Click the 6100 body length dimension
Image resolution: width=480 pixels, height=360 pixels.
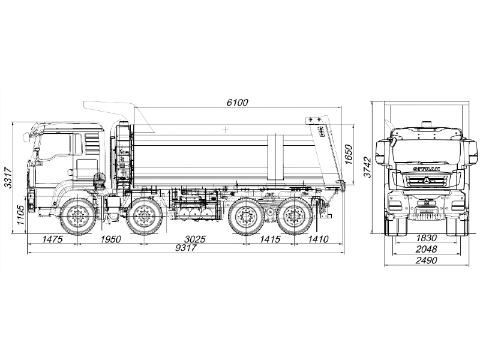pyautogui.click(x=237, y=102)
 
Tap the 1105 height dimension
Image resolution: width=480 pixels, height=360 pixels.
pyautogui.click(x=20, y=215)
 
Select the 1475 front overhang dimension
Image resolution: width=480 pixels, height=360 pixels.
pyautogui.click(x=52, y=239)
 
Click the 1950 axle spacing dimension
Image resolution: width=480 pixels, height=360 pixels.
pyautogui.click(x=111, y=239)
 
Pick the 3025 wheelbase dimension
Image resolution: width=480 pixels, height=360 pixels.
pyautogui.click(x=195, y=239)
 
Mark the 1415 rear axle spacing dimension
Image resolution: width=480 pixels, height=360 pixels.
pyautogui.click(x=270, y=239)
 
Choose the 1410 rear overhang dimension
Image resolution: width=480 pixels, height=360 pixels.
pyautogui.click(x=318, y=239)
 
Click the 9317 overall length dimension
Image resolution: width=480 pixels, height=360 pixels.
pyautogui.click(x=185, y=247)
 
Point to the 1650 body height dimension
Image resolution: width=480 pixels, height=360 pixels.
pyautogui.click(x=349, y=154)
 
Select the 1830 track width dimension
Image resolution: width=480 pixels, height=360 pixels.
pyautogui.click(x=426, y=238)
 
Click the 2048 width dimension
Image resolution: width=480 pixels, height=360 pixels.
pyautogui.click(x=426, y=249)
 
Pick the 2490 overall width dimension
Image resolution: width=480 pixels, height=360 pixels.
pyautogui.click(x=427, y=260)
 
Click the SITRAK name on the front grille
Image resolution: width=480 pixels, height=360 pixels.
pyautogui.click(x=427, y=169)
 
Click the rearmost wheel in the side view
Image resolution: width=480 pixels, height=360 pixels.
pyautogui.click(x=293, y=216)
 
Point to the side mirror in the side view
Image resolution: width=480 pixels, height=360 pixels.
pyautogui.click(x=26, y=137)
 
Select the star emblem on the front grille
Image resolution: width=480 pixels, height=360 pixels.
pyautogui.click(x=427, y=181)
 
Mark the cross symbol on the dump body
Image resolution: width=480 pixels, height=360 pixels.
pyautogui.click(x=226, y=130)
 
